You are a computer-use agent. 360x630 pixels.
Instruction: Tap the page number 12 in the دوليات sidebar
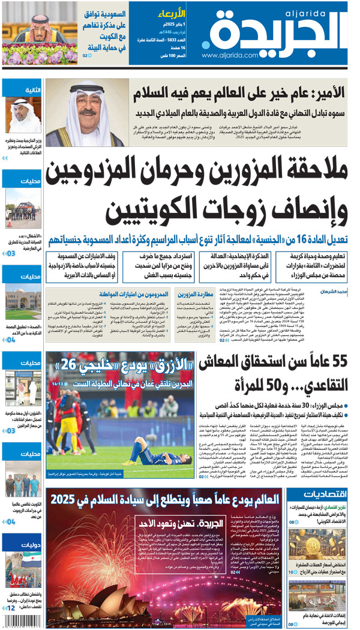point(11,608)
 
